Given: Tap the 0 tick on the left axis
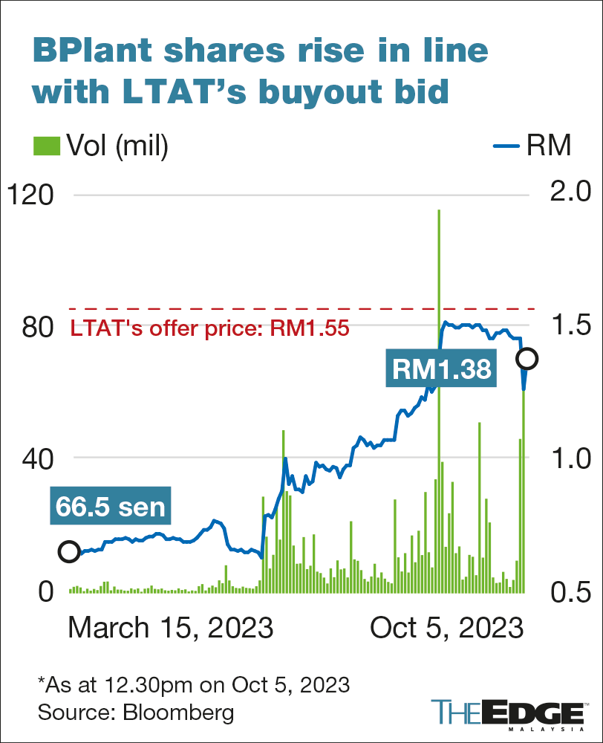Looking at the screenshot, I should pyautogui.click(x=45, y=591).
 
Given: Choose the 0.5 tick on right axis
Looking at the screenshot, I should pyautogui.click(x=567, y=591).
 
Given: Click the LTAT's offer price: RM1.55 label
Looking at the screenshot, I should pyautogui.click(x=209, y=328).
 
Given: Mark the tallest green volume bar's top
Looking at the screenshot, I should pyautogui.click(x=439, y=211).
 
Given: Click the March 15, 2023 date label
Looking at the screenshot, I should pyautogui.click(x=171, y=629).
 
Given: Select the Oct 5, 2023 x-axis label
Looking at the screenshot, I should pyautogui.click(x=446, y=629).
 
